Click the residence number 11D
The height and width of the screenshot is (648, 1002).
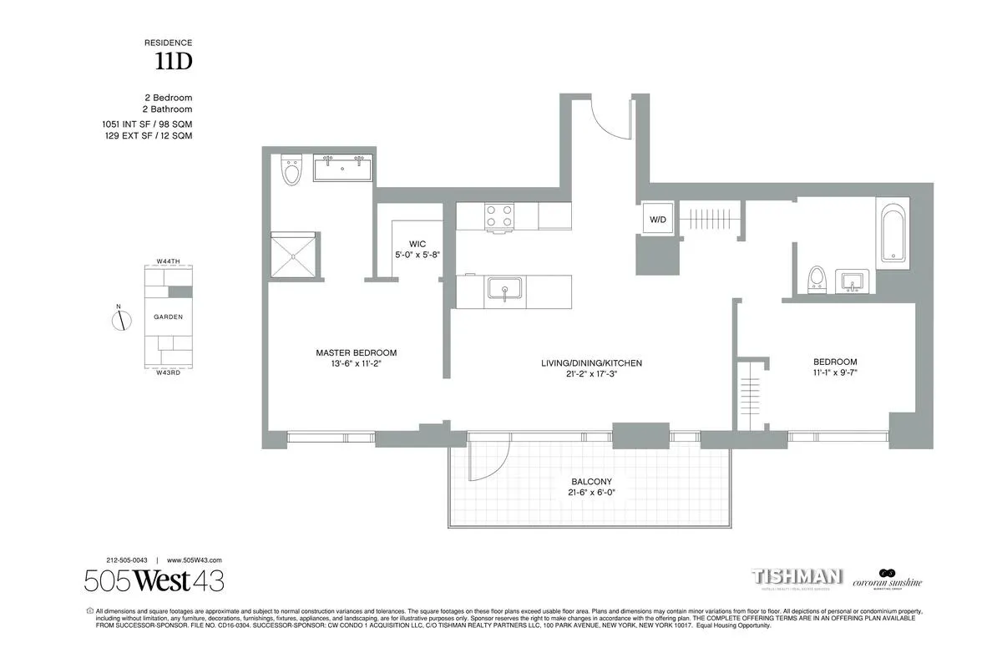click(x=174, y=60)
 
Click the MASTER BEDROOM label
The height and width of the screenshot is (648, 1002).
click(x=356, y=352)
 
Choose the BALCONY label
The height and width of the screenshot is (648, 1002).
click(x=591, y=482)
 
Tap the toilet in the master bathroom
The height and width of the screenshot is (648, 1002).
click(x=291, y=170)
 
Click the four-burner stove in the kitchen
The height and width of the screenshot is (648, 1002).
click(x=500, y=216)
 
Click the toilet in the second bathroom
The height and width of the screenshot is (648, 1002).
click(x=817, y=279)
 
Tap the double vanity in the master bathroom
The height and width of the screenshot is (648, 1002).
click(x=343, y=168)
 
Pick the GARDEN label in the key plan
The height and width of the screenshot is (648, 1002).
click(x=168, y=317)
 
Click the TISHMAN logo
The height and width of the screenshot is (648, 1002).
click(x=797, y=577)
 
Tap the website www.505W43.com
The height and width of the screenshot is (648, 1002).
click(x=195, y=560)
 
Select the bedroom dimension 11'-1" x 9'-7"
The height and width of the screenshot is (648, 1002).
click(x=835, y=374)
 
